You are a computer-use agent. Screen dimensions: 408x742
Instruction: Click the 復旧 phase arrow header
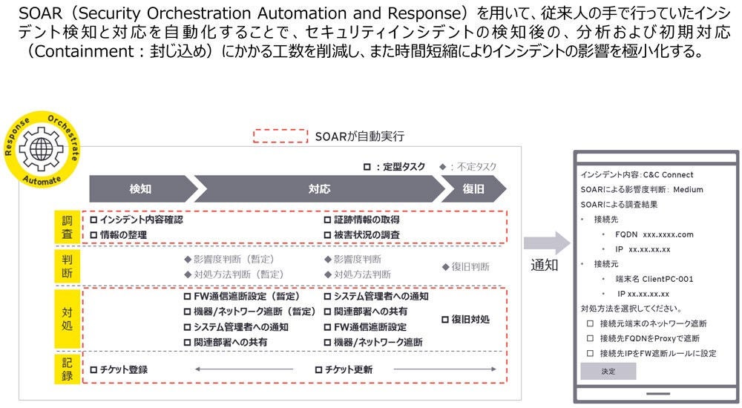tap(473, 189)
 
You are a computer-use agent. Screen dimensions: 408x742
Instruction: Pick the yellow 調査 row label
tap(67, 227)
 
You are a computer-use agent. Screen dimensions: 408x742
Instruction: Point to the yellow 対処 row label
tap(67, 319)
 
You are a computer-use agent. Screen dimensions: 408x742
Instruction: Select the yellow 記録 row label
tap(67, 369)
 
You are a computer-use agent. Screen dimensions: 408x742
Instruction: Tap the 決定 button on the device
tap(608, 371)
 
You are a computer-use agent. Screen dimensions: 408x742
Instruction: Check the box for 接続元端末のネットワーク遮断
tap(591, 323)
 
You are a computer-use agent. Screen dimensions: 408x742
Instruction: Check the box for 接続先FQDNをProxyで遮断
tap(591, 338)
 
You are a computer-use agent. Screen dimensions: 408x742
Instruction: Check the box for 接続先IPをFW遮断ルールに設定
tap(591, 353)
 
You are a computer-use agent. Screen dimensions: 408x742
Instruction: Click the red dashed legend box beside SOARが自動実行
tap(280, 136)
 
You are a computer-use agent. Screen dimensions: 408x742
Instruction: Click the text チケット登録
tap(123, 369)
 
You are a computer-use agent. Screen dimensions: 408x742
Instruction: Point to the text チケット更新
tap(348, 369)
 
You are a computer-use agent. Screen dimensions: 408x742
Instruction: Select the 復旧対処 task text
tap(470, 319)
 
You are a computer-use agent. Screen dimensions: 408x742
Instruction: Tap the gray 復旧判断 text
tap(469, 266)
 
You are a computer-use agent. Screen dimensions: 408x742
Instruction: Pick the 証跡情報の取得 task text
tap(367, 220)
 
